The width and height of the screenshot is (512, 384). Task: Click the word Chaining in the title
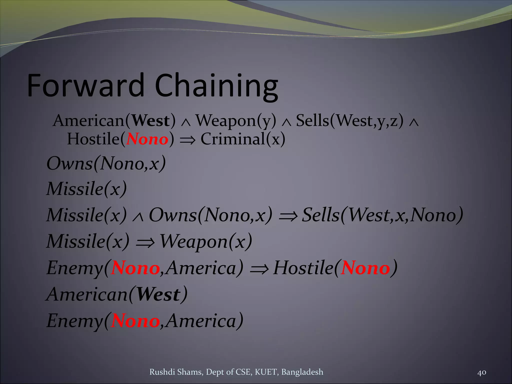pos(216,86)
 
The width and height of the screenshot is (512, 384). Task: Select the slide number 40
pos(481,372)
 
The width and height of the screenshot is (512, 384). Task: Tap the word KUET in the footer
pos(266,372)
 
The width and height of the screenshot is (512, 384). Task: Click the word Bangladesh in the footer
pos(302,372)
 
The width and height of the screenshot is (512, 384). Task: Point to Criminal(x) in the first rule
pos(243,139)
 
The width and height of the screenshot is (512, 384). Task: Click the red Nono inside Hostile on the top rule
pos(147,139)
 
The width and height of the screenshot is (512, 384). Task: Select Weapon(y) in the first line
pos(236,121)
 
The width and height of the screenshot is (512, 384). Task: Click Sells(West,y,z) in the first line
pos(349,121)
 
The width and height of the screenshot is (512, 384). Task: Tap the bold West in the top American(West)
pos(150,121)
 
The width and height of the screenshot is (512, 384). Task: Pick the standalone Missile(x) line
pos(87,189)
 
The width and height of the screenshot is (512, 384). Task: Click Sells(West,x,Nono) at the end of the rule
pos(382,215)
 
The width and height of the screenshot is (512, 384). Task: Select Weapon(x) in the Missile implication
pos(205,241)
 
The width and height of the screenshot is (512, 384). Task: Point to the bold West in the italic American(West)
pos(158,294)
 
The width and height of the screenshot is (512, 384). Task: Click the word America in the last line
pos(201,321)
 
